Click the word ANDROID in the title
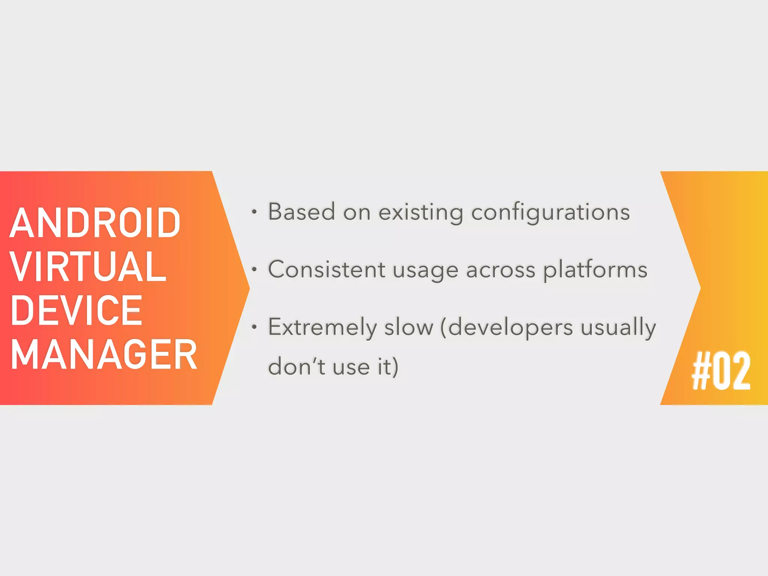tap(95, 223)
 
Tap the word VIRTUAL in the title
tap(88, 267)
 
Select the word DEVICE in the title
tap(76, 310)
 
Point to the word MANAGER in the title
tap(104, 354)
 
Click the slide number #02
tap(721, 371)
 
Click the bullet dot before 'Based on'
tap(254, 212)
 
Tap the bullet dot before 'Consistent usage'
tap(254, 269)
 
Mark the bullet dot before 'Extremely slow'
tap(254, 327)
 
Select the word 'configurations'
tap(550, 213)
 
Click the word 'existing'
tap(421, 213)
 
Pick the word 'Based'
tap(301, 212)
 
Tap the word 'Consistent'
tap(327, 269)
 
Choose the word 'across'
tap(501, 270)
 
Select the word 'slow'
tap(409, 327)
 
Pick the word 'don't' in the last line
tap(297, 366)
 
